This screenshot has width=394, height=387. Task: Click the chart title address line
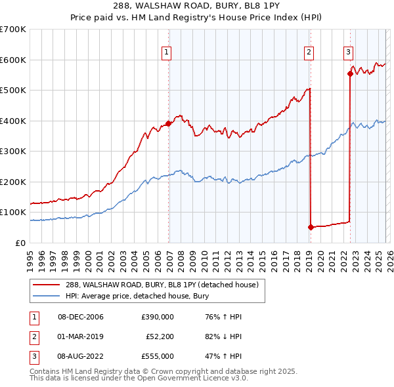coord(197,6)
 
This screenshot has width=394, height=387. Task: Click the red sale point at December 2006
coord(169,123)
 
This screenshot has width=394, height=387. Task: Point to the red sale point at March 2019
coord(311,227)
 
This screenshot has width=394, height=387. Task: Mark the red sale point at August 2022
coord(350,73)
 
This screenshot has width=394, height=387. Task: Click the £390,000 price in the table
coord(158,317)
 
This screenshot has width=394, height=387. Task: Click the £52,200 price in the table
coord(160,336)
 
